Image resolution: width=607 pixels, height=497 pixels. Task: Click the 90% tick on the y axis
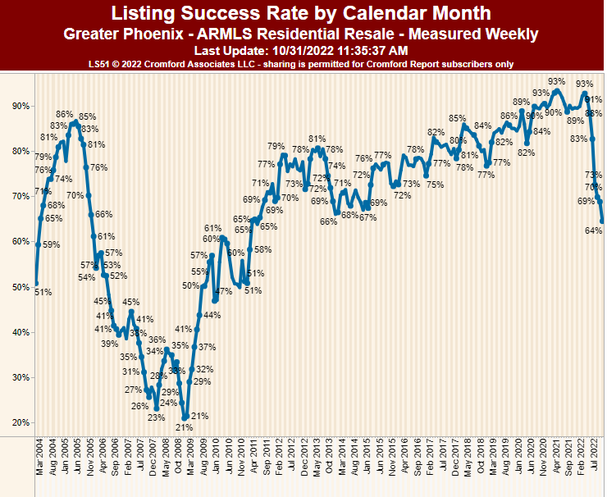[21, 106]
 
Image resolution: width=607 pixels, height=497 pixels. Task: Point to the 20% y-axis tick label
[21, 422]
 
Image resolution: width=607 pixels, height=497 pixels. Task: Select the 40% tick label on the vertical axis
[21, 332]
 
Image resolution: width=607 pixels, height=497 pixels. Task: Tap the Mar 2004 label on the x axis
[39, 456]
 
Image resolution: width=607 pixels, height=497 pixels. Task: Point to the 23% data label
[156, 417]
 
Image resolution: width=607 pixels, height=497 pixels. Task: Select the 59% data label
[51, 244]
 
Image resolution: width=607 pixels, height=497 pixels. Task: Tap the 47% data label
[223, 292]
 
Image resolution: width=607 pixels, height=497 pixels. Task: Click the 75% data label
[435, 185]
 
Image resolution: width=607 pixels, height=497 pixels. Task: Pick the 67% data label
[367, 217]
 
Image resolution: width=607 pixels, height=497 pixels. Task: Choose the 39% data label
[110, 344]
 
